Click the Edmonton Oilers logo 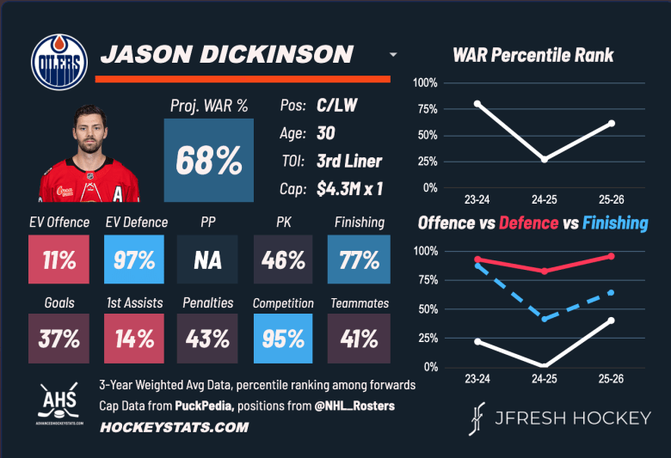click(x=59, y=60)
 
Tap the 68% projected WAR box click(x=209, y=160)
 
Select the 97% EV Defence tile click(x=133, y=260)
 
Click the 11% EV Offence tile click(x=58, y=260)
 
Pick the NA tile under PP click(x=208, y=260)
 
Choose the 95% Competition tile click(x=283, y=339)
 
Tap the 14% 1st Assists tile click(x=133, y=339)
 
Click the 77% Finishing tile click(x=359, y=260)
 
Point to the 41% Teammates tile click(x=359, y=339)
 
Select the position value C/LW click(x=338, y=106)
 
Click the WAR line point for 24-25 click(x=545, y=159)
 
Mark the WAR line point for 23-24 click(x=477, y=104)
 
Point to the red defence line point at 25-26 click(x=612, y=256)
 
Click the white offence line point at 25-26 click(x=612, y=321)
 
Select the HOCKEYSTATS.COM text click(x=175, y=427)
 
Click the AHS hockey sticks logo click(x=59, y=399)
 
